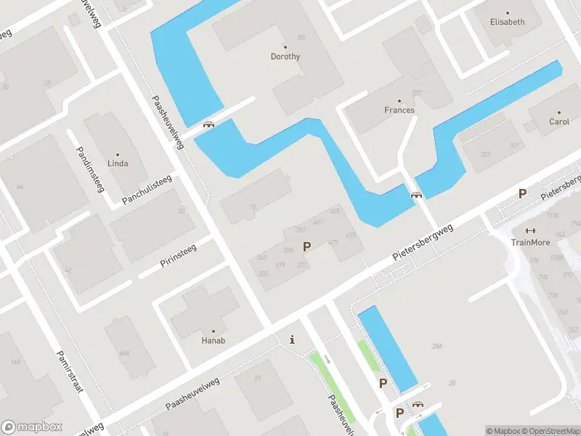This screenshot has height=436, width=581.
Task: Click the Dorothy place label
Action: (285, 56)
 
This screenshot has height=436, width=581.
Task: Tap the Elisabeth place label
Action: (507, 22)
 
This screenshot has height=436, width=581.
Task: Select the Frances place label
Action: (399, 110)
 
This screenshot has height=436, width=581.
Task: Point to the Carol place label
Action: (559, 121)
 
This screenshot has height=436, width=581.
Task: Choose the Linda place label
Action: (118, 163)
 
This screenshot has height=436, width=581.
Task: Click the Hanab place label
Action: (213, 339)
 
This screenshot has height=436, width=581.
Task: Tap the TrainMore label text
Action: (530, 242)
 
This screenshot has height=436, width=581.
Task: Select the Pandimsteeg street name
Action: (91, 169)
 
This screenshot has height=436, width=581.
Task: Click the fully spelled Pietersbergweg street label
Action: (423, 243)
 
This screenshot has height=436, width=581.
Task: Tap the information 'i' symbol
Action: (292, 339)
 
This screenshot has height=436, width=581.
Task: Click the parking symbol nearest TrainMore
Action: (521, 193)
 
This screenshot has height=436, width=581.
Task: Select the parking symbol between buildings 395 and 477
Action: (306, 247)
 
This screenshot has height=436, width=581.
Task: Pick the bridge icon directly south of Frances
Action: (416, 194)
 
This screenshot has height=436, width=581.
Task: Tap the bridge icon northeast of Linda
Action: (209, 124)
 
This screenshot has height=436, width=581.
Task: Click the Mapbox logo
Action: (32, 427)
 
